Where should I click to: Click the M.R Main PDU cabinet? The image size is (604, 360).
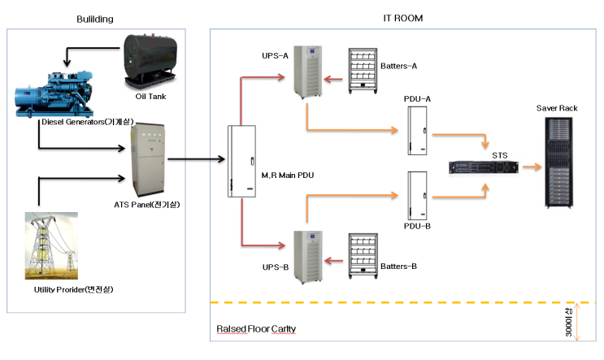[x=241, y=161]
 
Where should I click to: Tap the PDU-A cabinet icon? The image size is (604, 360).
[x=418, y=130]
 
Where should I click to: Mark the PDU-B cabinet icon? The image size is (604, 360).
[x=418, y=193]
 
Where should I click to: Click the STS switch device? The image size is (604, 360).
[x=484, y=167]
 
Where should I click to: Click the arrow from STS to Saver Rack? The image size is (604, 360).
[x=531, y=167]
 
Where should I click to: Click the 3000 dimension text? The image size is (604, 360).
[x=568, y=323]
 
